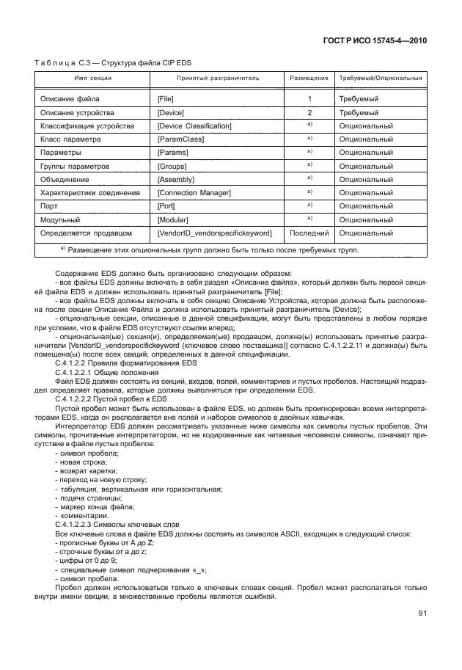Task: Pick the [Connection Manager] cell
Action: coord(194,192)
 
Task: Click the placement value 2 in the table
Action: coord(309,112)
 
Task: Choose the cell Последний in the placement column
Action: coord(309,233)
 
